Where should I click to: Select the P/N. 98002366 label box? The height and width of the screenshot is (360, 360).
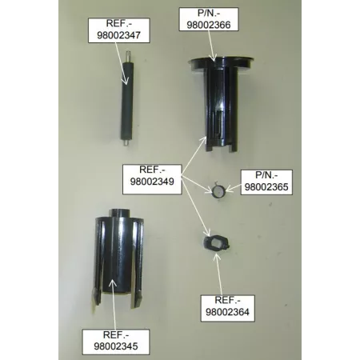point(213,18)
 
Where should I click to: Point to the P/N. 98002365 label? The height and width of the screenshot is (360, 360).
point(264,181)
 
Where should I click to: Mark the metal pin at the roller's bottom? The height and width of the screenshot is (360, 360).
point(126,144)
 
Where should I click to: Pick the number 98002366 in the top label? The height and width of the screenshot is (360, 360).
point(213,25)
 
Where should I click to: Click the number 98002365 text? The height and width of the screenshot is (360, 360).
point(264,186)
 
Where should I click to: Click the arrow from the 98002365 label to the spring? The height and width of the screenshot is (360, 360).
point(234,189)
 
